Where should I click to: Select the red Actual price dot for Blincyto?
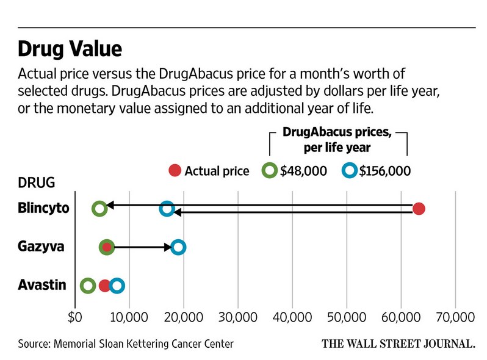(x=419, y=209)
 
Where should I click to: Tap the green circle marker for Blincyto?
(x=99, y=209)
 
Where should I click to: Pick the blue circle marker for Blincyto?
(x=167, y=209)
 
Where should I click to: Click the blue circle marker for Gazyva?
(x=178, y=247)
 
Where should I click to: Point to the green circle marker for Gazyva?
(x=107, y=247)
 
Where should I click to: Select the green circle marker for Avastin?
(x=88, y=285)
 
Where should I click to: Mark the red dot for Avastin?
(x=105, y=285)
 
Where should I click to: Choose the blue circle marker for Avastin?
(x=117, y=285)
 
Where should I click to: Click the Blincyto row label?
(x=43, y=209)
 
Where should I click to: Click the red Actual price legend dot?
(x=175, y=171)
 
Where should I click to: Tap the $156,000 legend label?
(x=384, y=171)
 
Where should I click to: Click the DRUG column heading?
(x=37, y=182)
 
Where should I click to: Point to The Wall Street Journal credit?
(x=398, y=344)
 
